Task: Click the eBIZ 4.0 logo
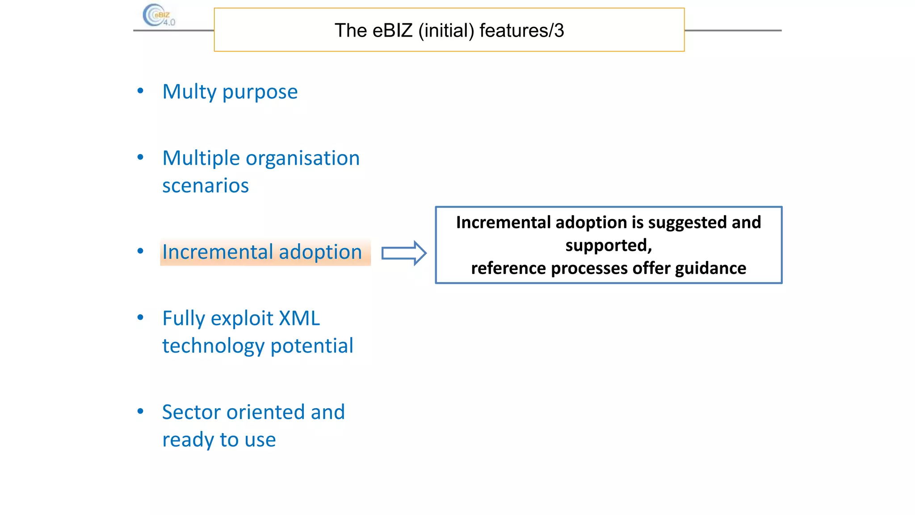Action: pos(159,16)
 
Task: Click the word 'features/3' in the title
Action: pos(521,31)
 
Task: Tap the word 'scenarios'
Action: pos(205,186)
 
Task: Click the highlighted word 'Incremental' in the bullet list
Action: pos(218,252)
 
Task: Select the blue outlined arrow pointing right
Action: pos(403,253)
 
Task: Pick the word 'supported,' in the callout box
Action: pos(609,245)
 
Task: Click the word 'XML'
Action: pos(299,319)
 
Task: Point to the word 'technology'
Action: pos(213,346)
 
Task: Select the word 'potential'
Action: pos(312,346)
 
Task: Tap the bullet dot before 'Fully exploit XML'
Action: pos(140,318)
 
